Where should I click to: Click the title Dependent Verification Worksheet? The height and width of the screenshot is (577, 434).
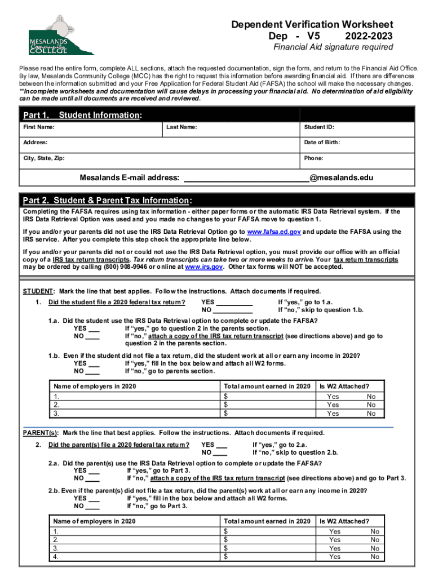(x=312, y=25)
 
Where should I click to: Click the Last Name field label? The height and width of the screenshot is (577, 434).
(x=181, y=127)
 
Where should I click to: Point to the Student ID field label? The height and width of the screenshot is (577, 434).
(x=319, y=127)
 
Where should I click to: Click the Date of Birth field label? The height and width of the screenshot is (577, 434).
(x=322, y=143)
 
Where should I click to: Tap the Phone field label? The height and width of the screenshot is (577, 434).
(x=313, y=158)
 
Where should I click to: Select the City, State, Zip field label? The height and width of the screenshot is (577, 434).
(x=43, y=158)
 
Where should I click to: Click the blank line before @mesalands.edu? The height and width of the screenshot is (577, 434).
(x=246, y=178)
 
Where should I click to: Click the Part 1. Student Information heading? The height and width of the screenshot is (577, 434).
(x=82, y=115)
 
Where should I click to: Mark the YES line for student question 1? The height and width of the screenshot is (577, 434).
(x=234, y=302)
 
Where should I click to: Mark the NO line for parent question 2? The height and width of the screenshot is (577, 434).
(x=220, y=452)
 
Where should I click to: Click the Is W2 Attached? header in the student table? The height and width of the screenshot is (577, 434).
(x=344, y=386)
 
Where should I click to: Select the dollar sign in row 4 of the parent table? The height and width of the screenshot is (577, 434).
(x=225, y=557)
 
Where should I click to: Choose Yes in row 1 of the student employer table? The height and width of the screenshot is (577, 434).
(x=333, y=397)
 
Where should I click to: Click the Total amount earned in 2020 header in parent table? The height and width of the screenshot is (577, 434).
(x=267, y=521)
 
